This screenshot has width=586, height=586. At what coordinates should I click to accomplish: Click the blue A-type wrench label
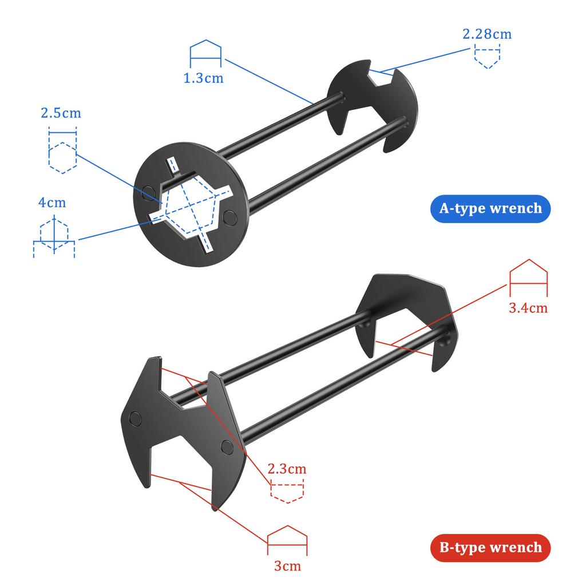point(490,208)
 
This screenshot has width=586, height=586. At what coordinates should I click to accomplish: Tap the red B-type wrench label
point(490,547)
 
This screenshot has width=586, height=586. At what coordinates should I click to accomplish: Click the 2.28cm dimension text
point(487,34)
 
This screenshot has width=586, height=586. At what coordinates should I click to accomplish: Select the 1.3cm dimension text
point(204,78)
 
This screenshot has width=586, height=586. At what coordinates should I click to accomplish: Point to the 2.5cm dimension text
point(61,113)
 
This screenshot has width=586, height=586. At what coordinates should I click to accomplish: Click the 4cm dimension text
point(52,202)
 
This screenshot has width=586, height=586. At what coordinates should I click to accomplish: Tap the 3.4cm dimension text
point(528,308)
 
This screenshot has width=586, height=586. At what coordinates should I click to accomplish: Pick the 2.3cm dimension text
point(287,469)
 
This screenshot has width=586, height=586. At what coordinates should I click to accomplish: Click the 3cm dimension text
point(287,567)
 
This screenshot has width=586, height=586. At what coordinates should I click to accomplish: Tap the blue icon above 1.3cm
point(205,53)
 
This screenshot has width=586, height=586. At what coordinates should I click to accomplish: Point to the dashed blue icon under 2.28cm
point(487,57)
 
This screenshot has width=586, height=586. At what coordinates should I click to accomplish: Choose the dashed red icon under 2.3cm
point(287,492)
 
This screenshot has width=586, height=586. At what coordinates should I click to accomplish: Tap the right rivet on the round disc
point(231,216)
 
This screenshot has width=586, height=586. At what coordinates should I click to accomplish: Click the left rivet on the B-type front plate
point(136,418)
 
